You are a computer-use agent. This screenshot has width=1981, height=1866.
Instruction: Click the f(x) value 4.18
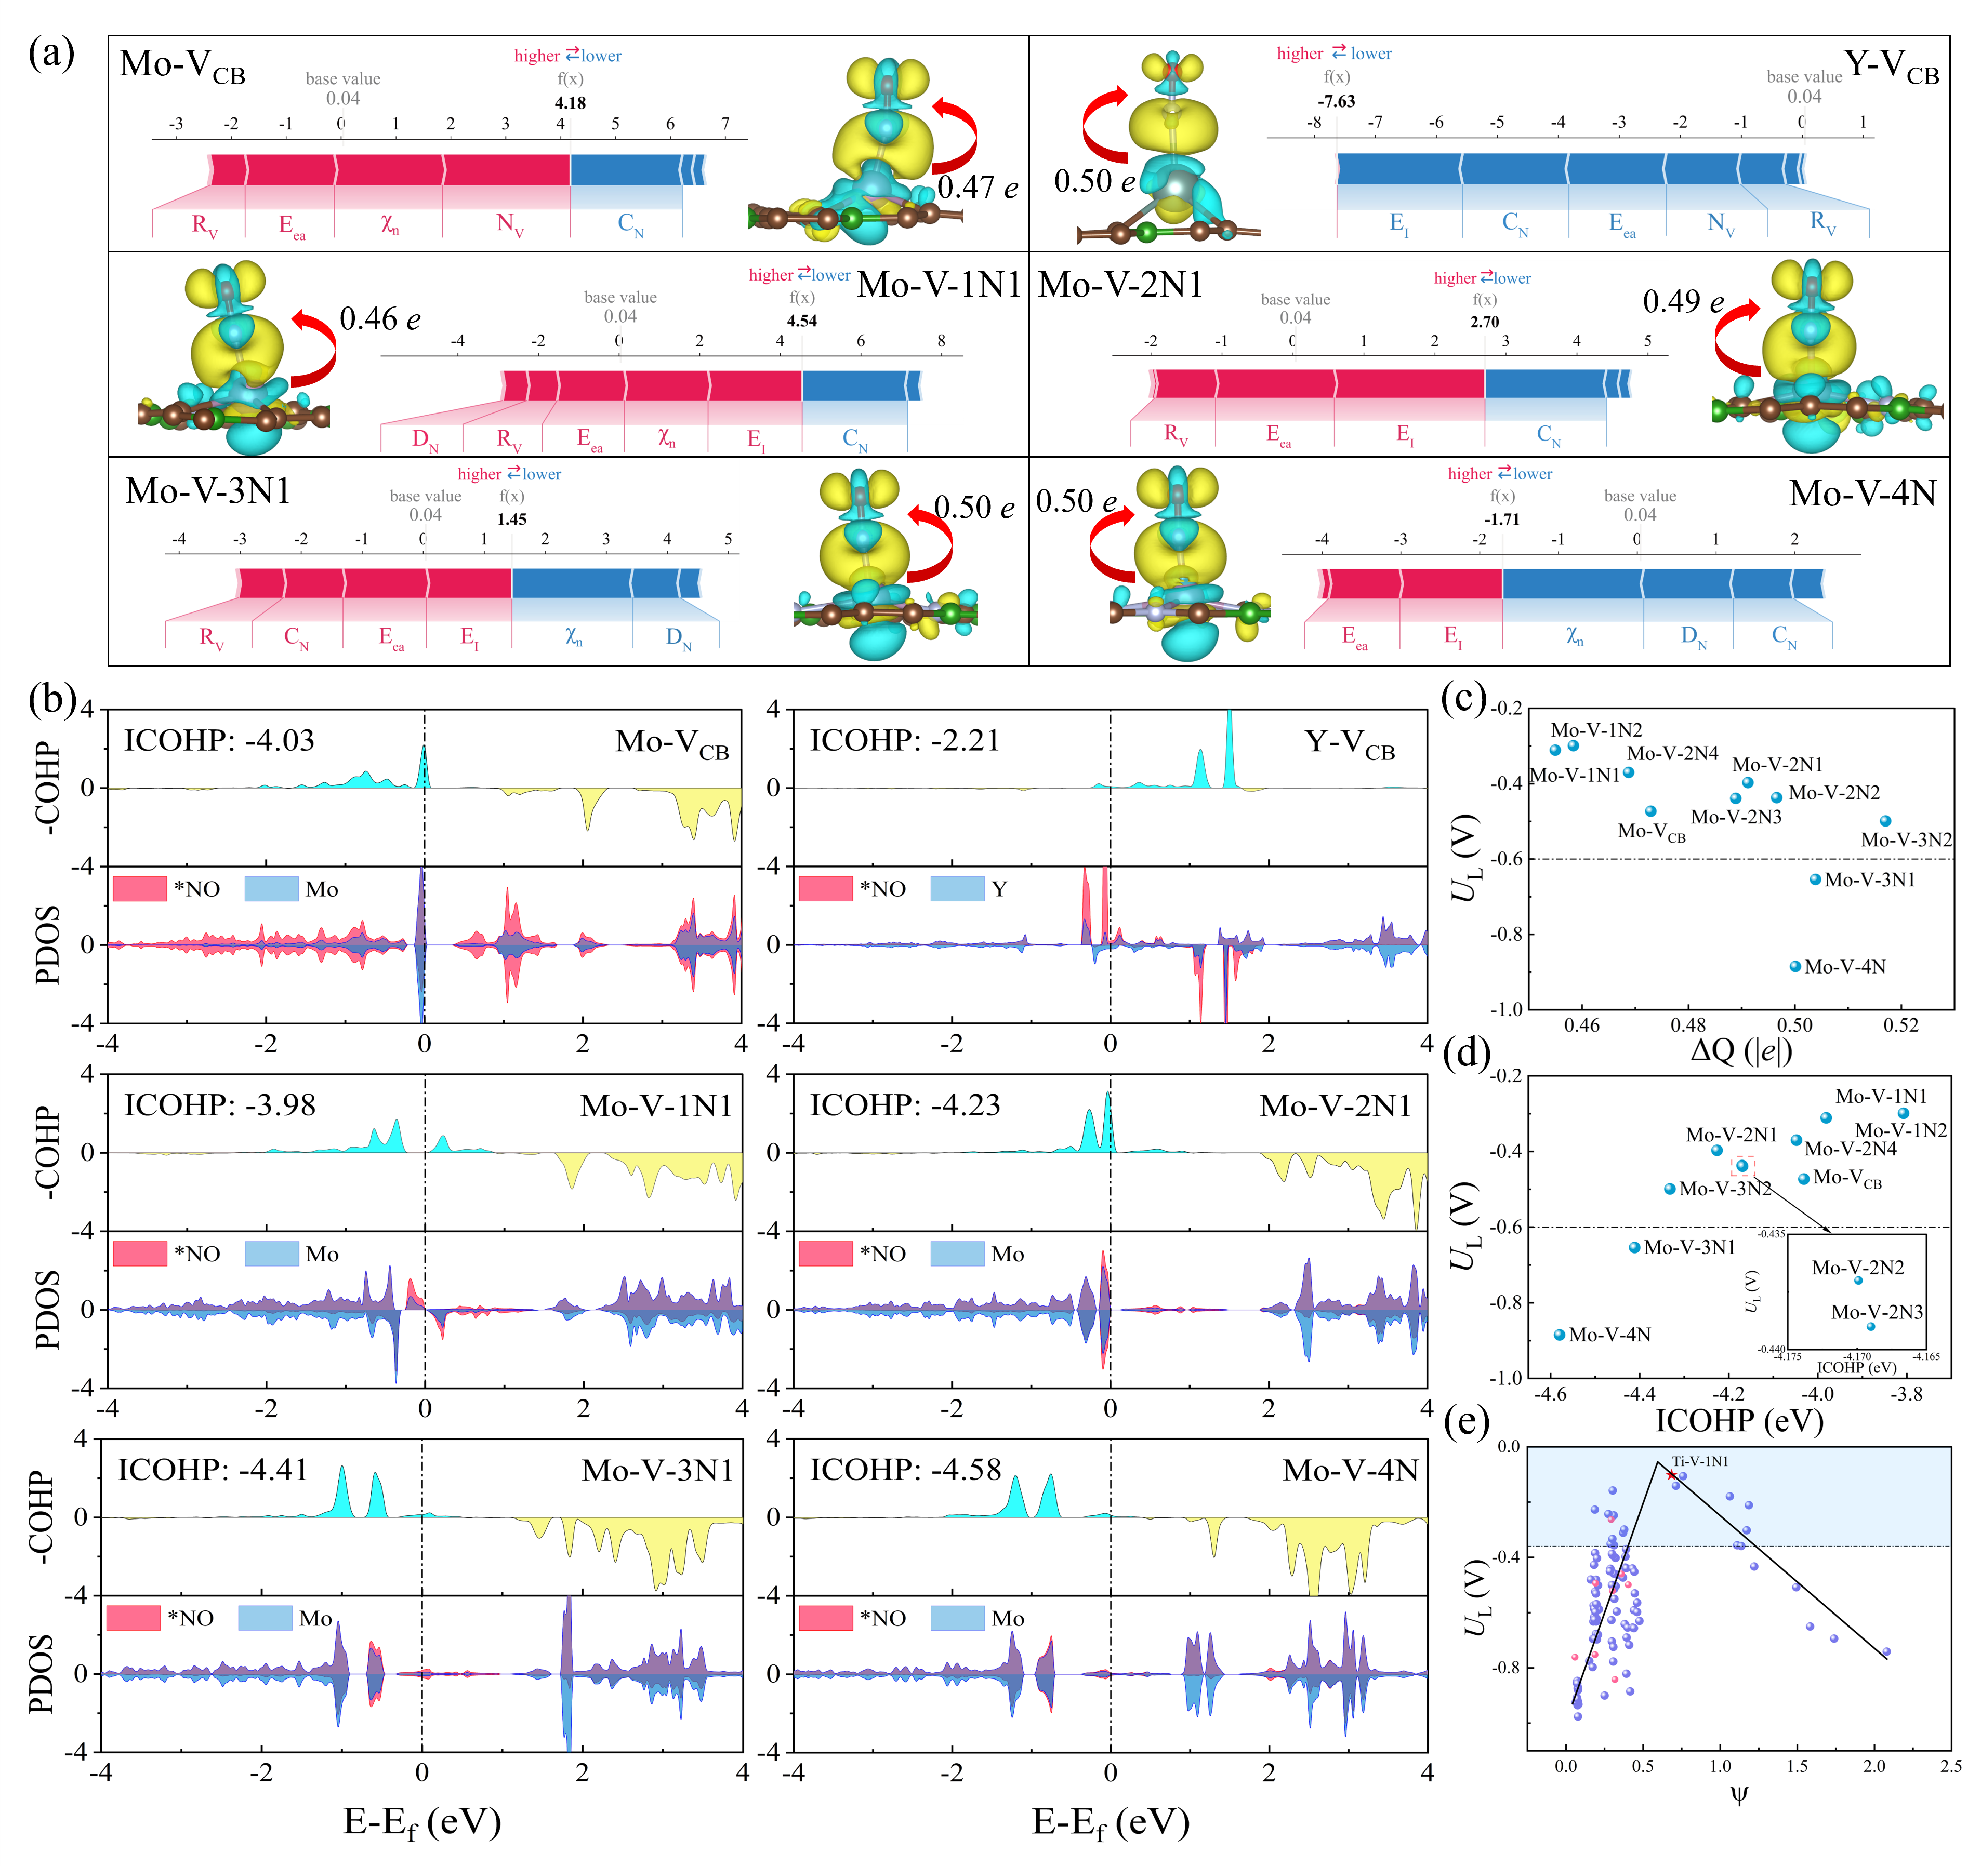pos(570,103)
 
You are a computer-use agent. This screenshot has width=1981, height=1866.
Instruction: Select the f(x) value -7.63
pos(1336,101)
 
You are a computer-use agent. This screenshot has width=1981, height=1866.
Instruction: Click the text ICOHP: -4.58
pos(905,1470)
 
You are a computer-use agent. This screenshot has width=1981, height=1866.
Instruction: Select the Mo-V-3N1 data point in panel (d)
pos(1634,1247)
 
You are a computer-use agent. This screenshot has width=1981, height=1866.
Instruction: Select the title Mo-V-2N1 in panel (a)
pos(1120,285)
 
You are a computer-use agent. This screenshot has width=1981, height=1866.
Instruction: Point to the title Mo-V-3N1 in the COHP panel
pos(658,1471)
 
